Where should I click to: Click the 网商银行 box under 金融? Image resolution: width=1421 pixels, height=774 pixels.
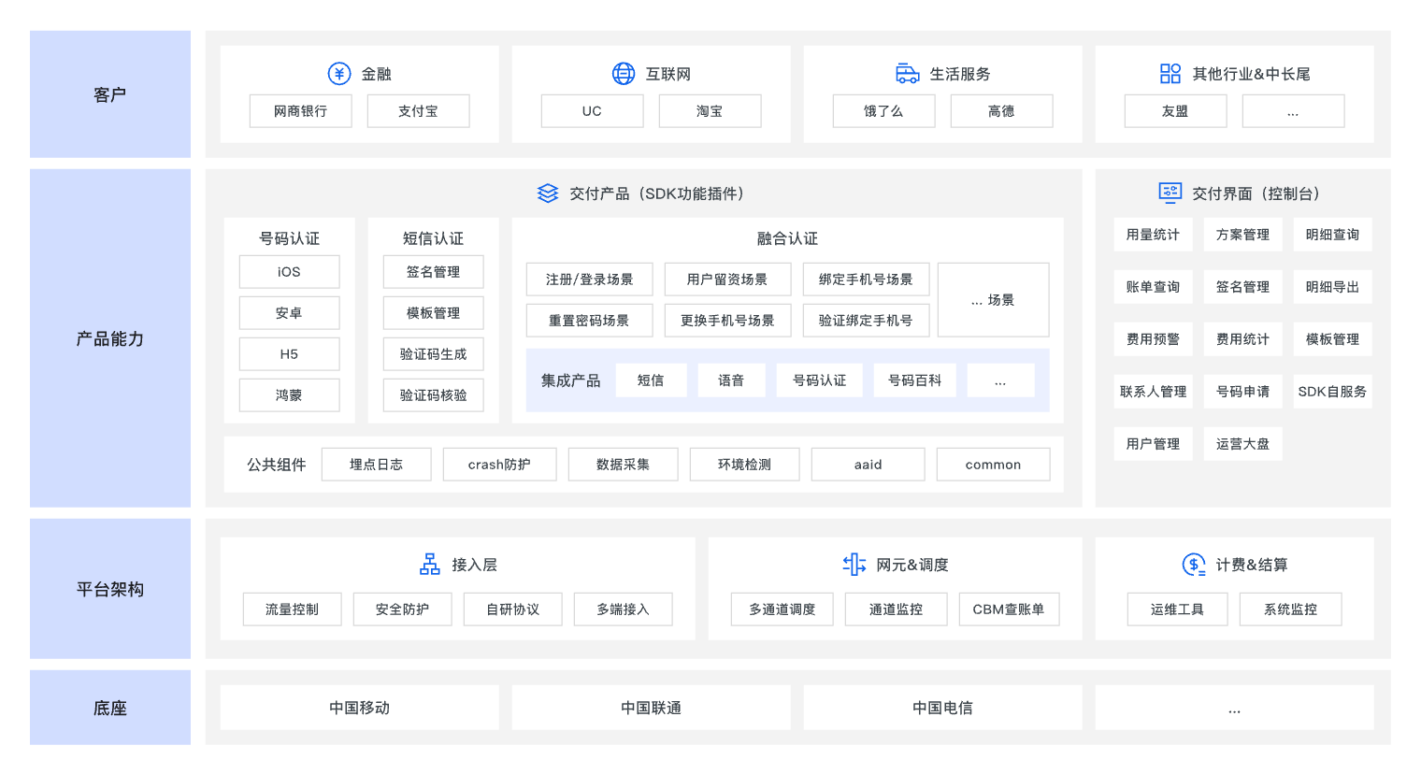[x=300, y=111]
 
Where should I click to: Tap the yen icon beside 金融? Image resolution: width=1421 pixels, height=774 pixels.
[x=338, y=74]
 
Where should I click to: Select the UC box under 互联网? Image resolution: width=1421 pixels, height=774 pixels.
[x=592, y=111]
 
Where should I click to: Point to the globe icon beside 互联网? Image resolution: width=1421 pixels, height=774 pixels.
[x=623, y=74]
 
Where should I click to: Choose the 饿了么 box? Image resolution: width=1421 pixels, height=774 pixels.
[x=883, y=111]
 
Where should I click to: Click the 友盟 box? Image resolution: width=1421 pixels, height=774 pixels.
[x=1175, y=111]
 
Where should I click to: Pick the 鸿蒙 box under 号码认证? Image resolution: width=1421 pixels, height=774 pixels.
[x=289, y=395]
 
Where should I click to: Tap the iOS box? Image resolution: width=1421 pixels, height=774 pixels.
[x=289, y=272]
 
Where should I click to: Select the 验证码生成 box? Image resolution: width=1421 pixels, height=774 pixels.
[x=433, y=354]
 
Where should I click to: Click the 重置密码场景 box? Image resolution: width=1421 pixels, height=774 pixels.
[x=589, y=321]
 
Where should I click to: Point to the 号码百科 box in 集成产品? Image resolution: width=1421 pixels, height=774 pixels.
[x=914, y=380]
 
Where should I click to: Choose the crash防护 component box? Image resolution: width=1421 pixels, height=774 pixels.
[x=499, y=465]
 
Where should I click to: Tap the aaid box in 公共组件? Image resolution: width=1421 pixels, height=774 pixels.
[x=868, y=465]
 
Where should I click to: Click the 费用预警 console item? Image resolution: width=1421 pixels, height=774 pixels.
[x=1153, y=339]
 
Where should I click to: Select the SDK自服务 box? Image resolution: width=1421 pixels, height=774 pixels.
[x=1332, y=392]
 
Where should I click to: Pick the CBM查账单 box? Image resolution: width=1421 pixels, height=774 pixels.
[x=1009, y=609]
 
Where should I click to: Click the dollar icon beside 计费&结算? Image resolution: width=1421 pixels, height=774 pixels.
[x=1194, y=565]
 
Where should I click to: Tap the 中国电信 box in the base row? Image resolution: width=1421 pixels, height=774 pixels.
[x=942, y=708]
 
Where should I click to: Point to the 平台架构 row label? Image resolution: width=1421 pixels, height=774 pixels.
[x=110, y=589]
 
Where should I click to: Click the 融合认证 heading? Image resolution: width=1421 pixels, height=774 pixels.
[x=787, y=238]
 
